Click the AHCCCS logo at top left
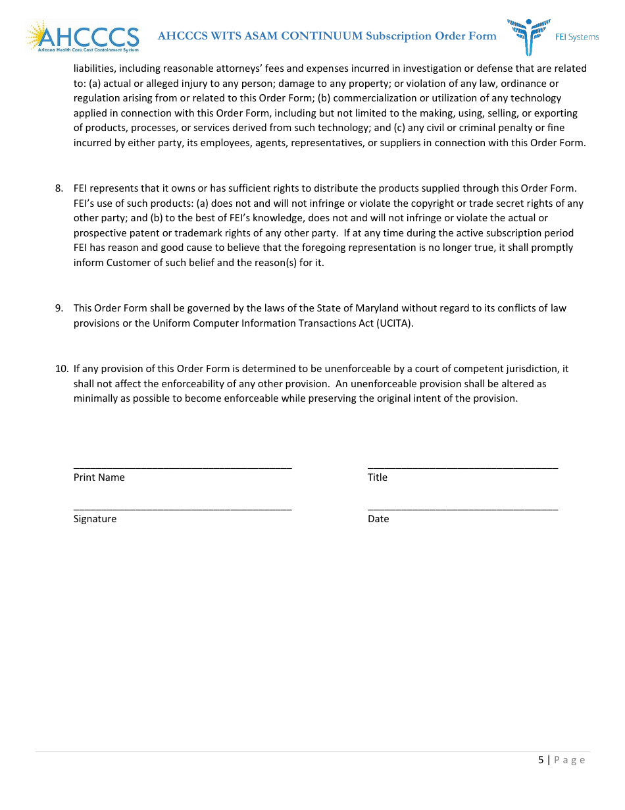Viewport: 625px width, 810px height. (x=84, y=36)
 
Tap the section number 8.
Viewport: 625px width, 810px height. (x=59, y=189)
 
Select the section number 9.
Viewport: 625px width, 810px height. (x=59, y=308)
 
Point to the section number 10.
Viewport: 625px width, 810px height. (x=61, y=369)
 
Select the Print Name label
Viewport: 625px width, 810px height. (x=99, y=477)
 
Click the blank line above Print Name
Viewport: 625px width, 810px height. (x=182, y=467)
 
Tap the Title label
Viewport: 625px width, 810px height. (x=378, y=477)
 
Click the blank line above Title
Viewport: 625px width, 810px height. (x=463, y=467)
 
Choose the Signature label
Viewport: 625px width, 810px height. (x=95, y=519)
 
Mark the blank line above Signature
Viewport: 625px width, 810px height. (x=182, y=508)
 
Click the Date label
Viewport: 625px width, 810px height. (x=378, y=519)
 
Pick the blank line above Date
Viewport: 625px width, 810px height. (x=463, y=508)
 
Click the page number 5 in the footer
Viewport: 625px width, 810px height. (x=541, y=760)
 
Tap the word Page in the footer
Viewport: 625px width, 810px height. (x=569, y=760)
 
